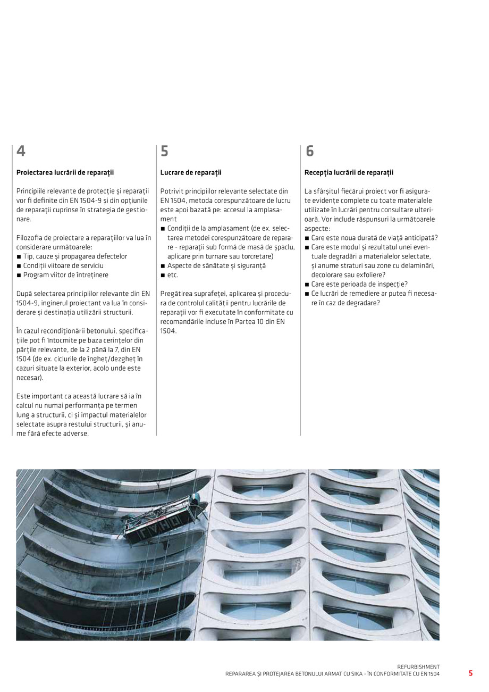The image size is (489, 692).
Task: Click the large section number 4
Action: (x=21, y=152)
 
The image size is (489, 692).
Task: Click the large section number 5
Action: (x=164, y=152)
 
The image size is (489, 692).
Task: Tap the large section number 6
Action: (x=310, y=152)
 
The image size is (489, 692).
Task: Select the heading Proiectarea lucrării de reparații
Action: (x=65, y=172)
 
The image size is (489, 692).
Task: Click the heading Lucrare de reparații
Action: (x=191, y=172)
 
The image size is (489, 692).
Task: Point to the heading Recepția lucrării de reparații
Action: (x=349, y=172)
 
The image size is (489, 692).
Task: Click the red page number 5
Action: (x=470, y=673)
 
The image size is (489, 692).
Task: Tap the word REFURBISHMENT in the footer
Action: (x=418, y=666)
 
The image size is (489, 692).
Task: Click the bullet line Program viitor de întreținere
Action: (x=65, y=275)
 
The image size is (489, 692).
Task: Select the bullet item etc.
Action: (x=173, y=275)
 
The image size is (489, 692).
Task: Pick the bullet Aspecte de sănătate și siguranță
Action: (x=216, y=265)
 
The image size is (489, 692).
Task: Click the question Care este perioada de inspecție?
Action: (x=359, y=284)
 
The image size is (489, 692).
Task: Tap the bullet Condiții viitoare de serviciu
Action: (x=63, y=265)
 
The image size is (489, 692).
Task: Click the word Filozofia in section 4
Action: (x=30, y=238)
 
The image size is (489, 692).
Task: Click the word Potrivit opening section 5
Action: (x=172, y=191)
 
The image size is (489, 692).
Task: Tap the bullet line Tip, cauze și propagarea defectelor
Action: (x=75, y=256)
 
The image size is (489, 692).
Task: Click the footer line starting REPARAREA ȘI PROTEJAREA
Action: (x=332, y=674)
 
